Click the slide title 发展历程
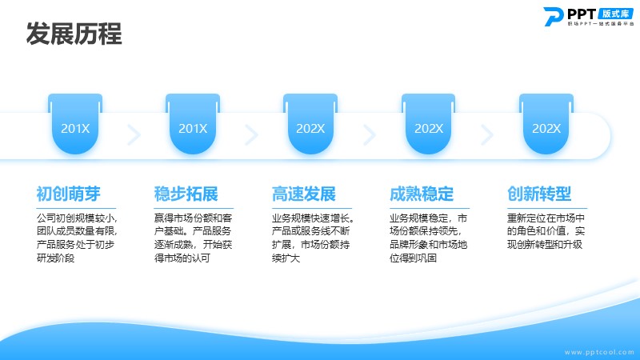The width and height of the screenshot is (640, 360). (x=74, y=34)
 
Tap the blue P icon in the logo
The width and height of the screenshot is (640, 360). (x=553, y=17)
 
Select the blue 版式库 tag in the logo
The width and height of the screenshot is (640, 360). (x=615, y=14)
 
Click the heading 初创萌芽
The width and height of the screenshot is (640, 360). (x=68, y=194)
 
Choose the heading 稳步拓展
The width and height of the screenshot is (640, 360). (x=186, y=194)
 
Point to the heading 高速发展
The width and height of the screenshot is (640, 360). (x=304, y=194)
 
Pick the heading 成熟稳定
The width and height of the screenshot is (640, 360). (x=422, y=194)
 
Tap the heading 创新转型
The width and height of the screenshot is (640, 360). (x=538, y=194)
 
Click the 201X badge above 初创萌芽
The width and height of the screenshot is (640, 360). (x=75, y=124)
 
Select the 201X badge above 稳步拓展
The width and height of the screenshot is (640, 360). (x=193, y=124)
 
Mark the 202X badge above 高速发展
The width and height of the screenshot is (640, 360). (x=310, y=124)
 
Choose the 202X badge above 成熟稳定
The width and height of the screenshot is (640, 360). (x=428, y=124)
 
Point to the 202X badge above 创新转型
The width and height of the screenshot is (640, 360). (x=546, y=124)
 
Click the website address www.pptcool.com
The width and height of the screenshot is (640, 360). (x=599, y=352)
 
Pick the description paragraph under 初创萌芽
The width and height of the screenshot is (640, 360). (x=77, y=238)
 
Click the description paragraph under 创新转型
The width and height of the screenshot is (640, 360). (x=546, y=231)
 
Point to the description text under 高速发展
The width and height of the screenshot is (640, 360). (x=313, y=238)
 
